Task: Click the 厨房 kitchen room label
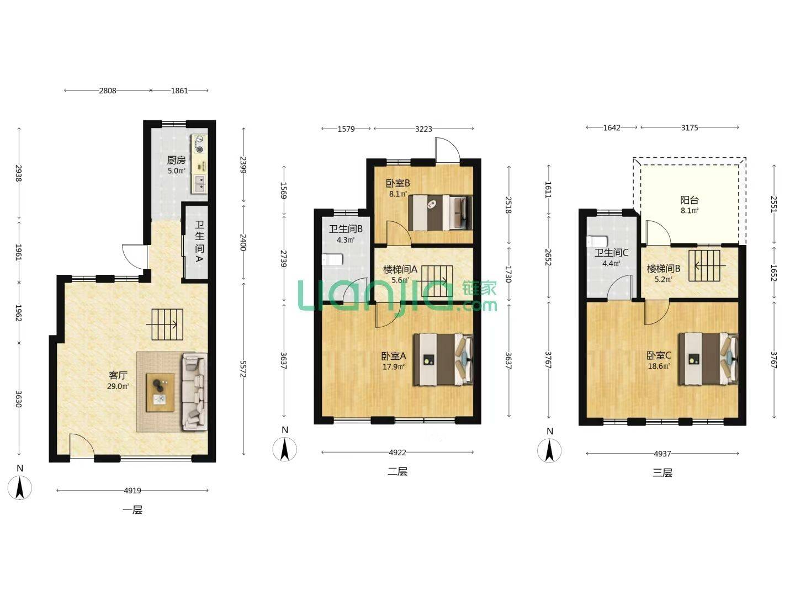coord(176,159)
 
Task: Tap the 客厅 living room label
coord(118,375)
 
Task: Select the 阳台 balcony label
coord(689,200)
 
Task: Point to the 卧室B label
coord(397,183)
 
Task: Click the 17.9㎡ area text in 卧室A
coord(393,366)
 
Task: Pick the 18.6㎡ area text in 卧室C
coord(659,366)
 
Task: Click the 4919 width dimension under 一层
coord(132,491)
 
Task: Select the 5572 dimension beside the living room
coord(243,369)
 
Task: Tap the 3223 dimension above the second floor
coord(423,129)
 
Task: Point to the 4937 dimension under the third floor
coord(662,454)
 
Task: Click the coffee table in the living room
coord(160,392)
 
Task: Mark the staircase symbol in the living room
coord(167,324)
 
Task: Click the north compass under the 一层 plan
coord(20,488)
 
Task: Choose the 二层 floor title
coord(397,471)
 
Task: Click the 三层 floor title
coord(662,472)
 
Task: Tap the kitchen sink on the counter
coord(199,183)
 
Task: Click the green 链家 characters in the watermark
coord(479,288)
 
